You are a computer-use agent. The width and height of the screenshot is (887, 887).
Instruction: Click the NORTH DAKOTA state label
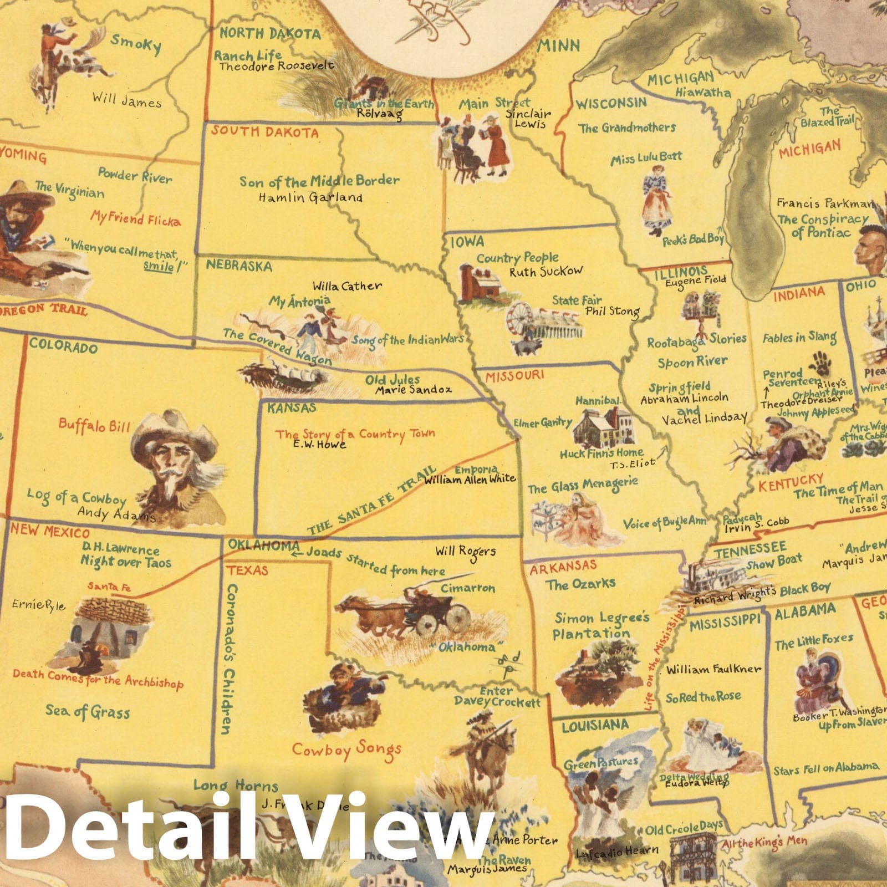pyautogui.click(x=270, y=33)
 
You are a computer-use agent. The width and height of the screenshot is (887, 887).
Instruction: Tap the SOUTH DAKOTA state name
pyautogui.click(x=264, y=132)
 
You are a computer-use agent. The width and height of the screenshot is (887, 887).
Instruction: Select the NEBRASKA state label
pyautogui.click(x=239, y=266)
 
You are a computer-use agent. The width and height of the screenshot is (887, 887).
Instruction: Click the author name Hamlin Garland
pyautogui.click(x=310, y=197)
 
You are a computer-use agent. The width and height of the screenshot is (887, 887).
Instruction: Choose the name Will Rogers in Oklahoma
pyautogui.click(x=465, y=551)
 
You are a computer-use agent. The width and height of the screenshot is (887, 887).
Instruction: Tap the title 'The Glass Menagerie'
pyautogui.click(x=582, y=486)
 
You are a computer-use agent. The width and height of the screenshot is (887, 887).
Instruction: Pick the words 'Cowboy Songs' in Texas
pyautogui.click(x=346, y=750)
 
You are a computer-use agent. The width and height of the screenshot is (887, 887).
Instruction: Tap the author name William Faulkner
pyautogui.click(x=713, y=669)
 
